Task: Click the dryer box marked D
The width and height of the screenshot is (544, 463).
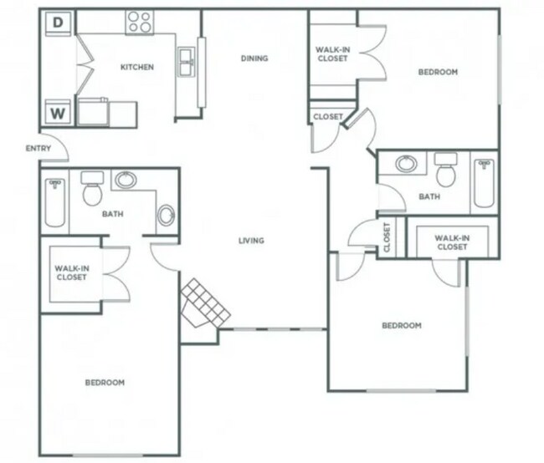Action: tap(58, 23)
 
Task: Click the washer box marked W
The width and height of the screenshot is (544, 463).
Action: tap(58, 112)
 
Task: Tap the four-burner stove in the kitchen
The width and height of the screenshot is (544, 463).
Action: tap(138, 23)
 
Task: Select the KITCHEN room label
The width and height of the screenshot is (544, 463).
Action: tap(136, 67)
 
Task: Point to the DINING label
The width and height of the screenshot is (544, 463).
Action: tap(254, 59)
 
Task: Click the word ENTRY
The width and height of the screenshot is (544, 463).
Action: tap(38, 149)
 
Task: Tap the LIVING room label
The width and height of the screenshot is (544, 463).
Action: tap(251, 241)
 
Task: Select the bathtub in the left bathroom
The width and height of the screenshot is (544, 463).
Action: tap(54, 201)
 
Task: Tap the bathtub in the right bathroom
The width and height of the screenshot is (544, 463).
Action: tap(484, 183)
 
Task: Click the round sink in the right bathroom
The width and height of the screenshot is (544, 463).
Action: tap(407, 164)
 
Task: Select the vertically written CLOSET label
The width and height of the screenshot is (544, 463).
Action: tap(387, 237)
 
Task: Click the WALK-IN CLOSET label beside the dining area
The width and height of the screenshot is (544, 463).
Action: tap(332, 54)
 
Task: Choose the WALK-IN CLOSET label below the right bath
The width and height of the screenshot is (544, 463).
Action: tap(451, 242)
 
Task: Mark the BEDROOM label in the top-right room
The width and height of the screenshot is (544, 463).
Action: tap(438, 72)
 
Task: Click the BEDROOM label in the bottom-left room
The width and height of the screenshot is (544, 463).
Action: tap(105, 382)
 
